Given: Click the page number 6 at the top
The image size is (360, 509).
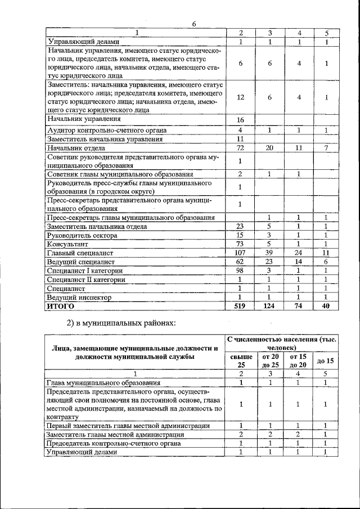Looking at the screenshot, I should (193, 24).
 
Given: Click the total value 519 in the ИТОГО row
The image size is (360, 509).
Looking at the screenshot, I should (240, 306).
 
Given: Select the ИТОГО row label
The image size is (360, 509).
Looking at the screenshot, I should (61, 307).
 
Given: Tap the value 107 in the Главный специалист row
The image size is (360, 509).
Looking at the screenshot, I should (240, 253).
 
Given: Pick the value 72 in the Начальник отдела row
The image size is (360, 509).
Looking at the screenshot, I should (240, 148).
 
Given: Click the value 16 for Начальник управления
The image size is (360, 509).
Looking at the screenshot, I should (240, 120).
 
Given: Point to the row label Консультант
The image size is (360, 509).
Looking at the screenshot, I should (68, 245).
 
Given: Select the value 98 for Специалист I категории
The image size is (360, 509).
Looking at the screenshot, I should (240, 271).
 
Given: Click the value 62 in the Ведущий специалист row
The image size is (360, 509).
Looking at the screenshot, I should (240, 262).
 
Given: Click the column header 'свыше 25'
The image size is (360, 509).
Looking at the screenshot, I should (241, 360).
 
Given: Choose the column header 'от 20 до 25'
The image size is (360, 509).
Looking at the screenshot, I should (270, 360).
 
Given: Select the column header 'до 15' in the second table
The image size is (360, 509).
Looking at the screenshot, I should (325, 360).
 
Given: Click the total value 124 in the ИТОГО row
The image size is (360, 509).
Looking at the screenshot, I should (270, 306).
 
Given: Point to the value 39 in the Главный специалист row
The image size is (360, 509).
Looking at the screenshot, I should (270, 253).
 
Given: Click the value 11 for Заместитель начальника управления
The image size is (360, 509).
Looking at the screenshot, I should (240, 139).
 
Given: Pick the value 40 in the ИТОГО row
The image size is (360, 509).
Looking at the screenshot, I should (326, 306).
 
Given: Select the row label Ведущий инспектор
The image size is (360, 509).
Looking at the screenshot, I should (79, 297).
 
